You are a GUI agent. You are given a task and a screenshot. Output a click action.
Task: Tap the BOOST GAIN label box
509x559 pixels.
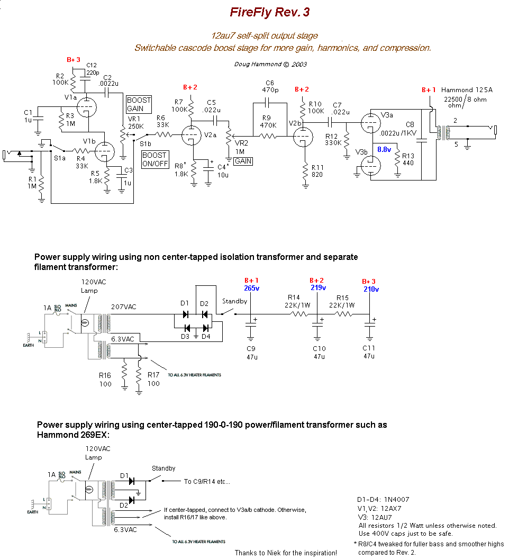click(139, 104)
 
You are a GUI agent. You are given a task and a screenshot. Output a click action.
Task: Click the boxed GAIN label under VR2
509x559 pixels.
click(243, 161)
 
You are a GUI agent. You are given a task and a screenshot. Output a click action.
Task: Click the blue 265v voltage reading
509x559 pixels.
click(251, 288)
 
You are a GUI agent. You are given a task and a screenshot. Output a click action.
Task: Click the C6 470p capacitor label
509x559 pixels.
click(269, 86)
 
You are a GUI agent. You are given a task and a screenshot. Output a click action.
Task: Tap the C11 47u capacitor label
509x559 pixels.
click(368, 352)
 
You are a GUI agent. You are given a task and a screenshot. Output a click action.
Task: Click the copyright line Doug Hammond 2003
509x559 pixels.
click(270, 64)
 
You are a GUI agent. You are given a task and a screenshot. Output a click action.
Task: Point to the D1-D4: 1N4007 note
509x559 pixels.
click(384, 499)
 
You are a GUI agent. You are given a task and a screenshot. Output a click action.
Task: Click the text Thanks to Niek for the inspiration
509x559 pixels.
click(286, 553)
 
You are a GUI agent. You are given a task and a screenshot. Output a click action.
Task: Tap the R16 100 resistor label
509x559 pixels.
click(105, 380)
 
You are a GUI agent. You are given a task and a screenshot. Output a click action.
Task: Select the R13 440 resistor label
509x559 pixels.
click(408, 160)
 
